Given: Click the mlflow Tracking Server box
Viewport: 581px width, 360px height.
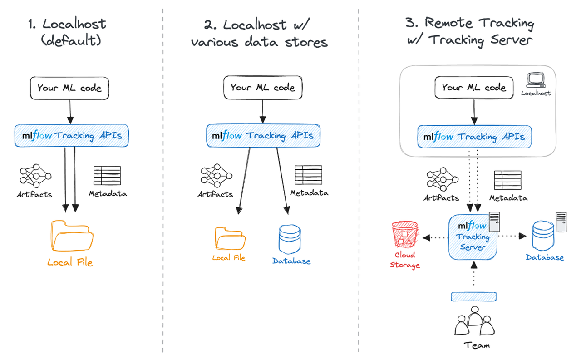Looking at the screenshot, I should point(473,237).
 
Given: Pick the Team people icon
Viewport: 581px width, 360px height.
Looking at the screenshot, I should point(474,321).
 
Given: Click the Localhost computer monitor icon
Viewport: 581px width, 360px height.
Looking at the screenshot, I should point(536,80).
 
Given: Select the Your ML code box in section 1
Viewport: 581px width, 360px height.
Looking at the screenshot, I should point(69,88).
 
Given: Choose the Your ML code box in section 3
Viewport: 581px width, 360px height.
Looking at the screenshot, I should point(474,88).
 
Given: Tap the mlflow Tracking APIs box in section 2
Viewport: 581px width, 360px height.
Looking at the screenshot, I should point(263,136).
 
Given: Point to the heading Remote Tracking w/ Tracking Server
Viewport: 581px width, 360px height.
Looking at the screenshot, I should point(470,32).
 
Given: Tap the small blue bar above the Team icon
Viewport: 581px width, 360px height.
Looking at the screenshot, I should point(473,296).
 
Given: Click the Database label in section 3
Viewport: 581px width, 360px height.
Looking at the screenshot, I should point(545,257).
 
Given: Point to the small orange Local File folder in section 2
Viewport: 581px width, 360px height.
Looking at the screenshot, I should point(230,238).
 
